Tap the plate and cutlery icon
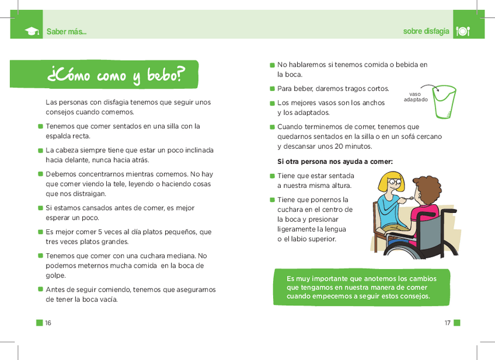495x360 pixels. (x=462, y=31)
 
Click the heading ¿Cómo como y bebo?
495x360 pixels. (x=116, y=75)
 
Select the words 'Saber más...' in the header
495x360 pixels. (x=66, y=32)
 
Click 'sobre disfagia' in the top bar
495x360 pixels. (x=426, y=32)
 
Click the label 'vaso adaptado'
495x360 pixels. (x=415, y=96)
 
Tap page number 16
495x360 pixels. (x=48, y=323)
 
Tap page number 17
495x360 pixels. (x=447, y=323)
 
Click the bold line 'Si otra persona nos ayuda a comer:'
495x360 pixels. (x=334, y=162)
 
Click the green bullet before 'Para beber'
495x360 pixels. (x=272, y=89)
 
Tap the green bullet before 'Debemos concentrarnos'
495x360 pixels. (x=40, y=174)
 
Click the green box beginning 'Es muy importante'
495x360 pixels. (x=361, y=287)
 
